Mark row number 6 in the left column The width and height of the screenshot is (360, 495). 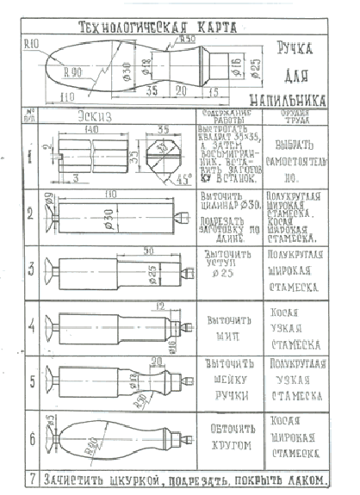[32, 438]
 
